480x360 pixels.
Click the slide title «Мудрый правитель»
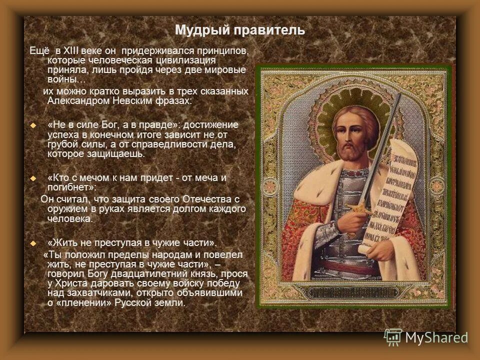coord(239,30)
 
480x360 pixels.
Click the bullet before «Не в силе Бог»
coord(33,125)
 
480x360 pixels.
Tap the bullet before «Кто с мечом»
coord(33,178)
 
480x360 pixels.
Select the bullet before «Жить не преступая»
coord(33,243)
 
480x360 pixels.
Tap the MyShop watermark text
coord(436,337)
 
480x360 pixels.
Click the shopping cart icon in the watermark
coord(393,337)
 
